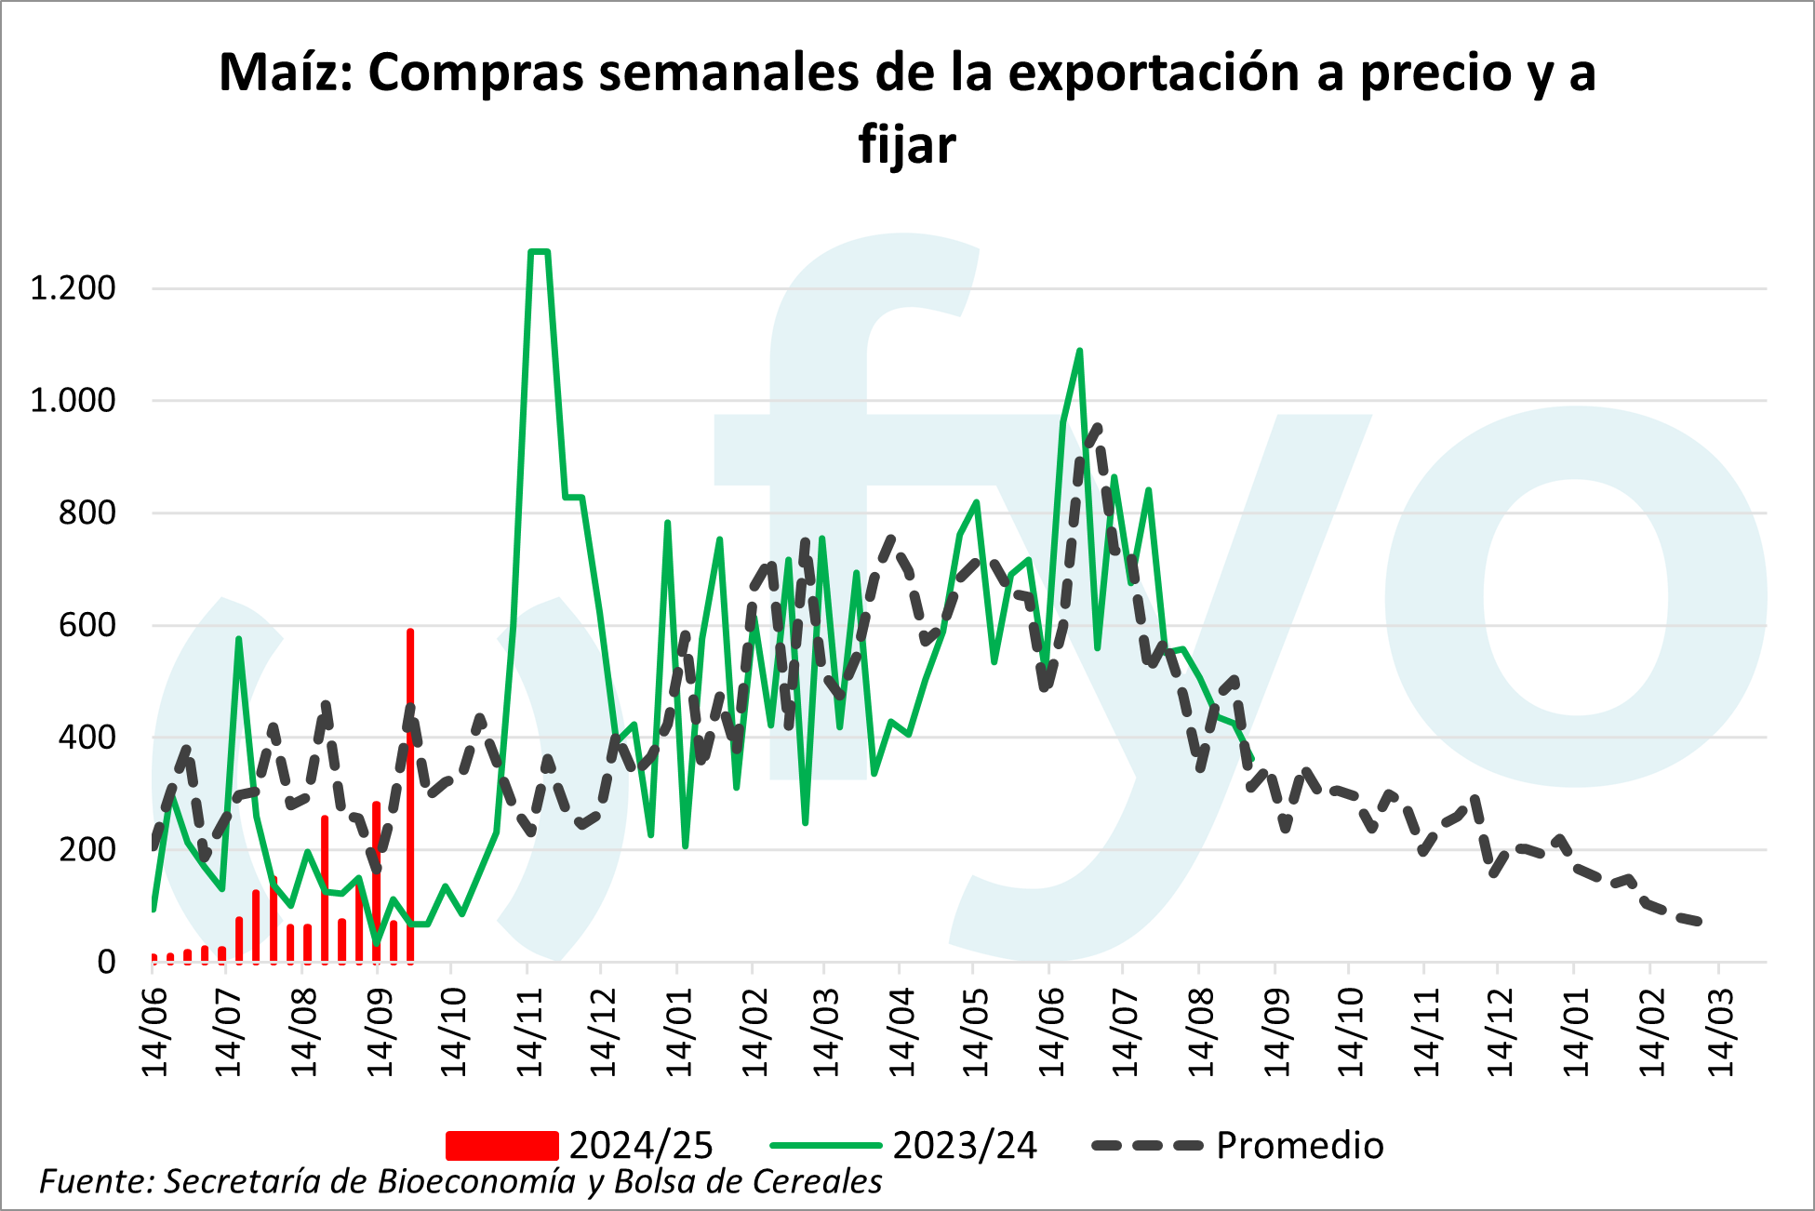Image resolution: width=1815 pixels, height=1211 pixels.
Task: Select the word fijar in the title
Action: (907, 145)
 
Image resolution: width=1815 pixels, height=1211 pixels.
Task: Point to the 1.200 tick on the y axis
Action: (73, 288)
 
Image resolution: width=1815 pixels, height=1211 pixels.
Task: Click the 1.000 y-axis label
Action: (73, 401)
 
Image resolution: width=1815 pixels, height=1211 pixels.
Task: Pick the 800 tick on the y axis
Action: (87, 512)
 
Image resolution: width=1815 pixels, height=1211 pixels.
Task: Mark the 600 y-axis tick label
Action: (87, 625)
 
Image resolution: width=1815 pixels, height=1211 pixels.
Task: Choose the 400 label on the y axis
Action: (87, 738)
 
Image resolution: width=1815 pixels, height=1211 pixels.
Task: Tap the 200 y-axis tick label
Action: (87, 850)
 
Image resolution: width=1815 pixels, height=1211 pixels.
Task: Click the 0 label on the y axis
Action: (106, 962)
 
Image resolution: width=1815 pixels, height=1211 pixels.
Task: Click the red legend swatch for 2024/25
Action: (501, 1146)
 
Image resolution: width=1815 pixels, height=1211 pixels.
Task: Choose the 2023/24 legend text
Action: (965, 1146)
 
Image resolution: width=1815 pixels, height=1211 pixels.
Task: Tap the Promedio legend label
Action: (1300, 1146)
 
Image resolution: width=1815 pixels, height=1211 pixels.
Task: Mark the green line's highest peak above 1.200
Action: (539, 251)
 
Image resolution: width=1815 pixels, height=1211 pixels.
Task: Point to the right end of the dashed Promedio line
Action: (1700, 922)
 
